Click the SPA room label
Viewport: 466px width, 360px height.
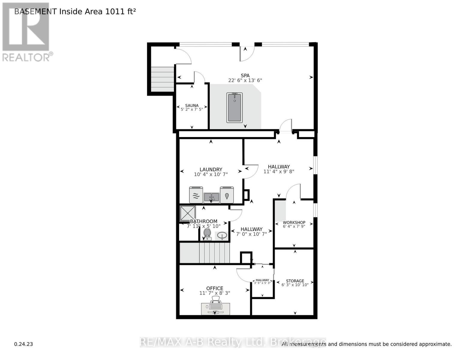(x=245, y=76)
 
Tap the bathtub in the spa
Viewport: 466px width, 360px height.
(x=234, y=107)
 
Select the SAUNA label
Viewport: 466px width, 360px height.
(x=192, y=105)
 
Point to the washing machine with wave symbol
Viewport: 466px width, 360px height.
(x=196, y=195)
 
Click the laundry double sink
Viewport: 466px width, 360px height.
(x=212, y=197)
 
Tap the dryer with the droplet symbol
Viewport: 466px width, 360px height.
(x=227, y=195)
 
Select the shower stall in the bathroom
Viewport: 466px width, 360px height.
(x=188, y=214)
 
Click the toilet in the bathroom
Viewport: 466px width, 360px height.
(x=207, y=234)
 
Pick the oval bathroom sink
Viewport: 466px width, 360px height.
(x=222, y=235)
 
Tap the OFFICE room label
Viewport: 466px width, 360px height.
(x=215, y=288)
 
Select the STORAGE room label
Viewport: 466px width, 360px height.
(x=295, y=281)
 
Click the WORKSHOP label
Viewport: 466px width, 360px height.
(x=294, y=223)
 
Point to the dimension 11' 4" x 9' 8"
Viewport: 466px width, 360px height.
(x=279, y=172)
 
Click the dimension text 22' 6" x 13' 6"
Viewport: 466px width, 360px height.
(x=245, y=80)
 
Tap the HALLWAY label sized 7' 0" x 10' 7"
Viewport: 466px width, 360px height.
(x=251, y=229)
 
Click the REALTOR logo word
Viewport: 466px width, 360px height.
(x=26, y=57)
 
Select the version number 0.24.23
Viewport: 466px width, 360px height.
(x=23, y=344)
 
